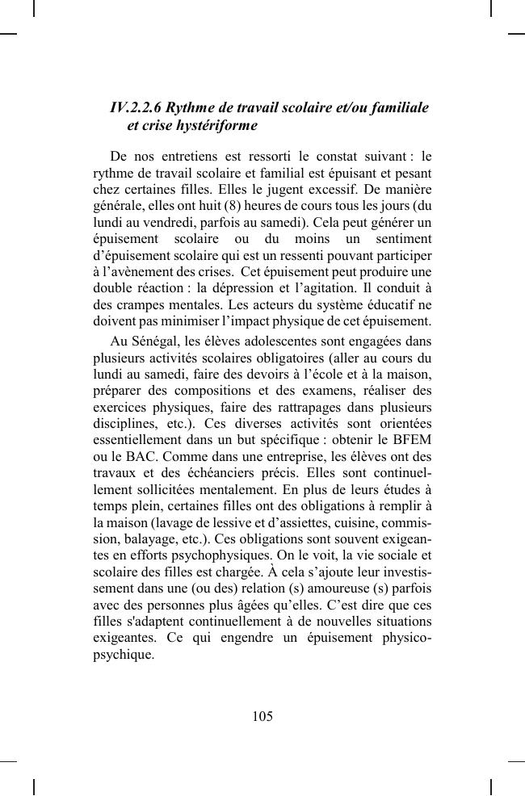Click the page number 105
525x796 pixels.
262,716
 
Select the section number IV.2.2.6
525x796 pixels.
136,108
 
